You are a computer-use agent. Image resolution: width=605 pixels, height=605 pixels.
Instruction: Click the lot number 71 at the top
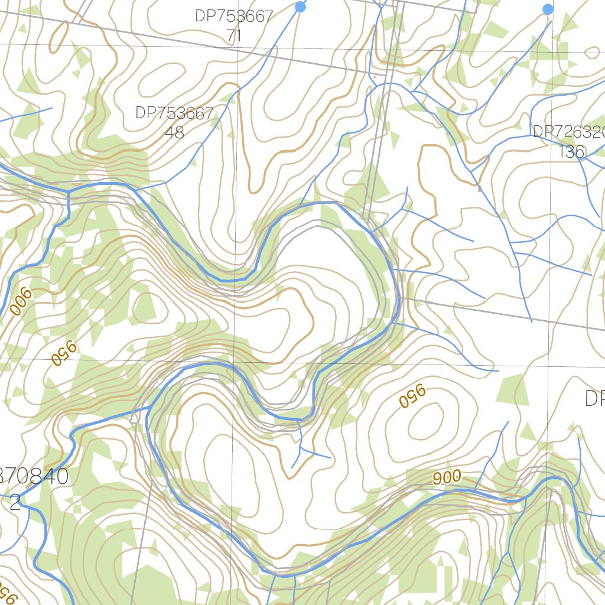click(234, 35)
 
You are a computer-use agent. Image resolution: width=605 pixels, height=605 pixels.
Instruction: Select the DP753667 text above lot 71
click(234, 16)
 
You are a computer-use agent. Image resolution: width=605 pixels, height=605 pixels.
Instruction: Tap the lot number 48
click(174, 132)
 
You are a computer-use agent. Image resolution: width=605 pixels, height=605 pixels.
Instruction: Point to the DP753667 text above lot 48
click(174, 113)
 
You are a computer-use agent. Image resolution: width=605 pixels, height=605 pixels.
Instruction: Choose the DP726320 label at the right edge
click(568, 132)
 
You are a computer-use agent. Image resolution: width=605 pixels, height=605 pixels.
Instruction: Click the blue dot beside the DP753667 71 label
click(300, 6)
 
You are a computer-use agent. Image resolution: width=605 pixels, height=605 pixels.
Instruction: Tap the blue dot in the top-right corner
click(548, 9)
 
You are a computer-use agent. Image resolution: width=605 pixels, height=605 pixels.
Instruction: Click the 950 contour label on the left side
click(64, 353)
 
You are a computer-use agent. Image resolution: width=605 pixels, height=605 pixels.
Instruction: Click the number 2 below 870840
click(15, 502)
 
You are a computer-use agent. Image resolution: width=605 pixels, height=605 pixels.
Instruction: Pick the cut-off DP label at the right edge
click(594, 399)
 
